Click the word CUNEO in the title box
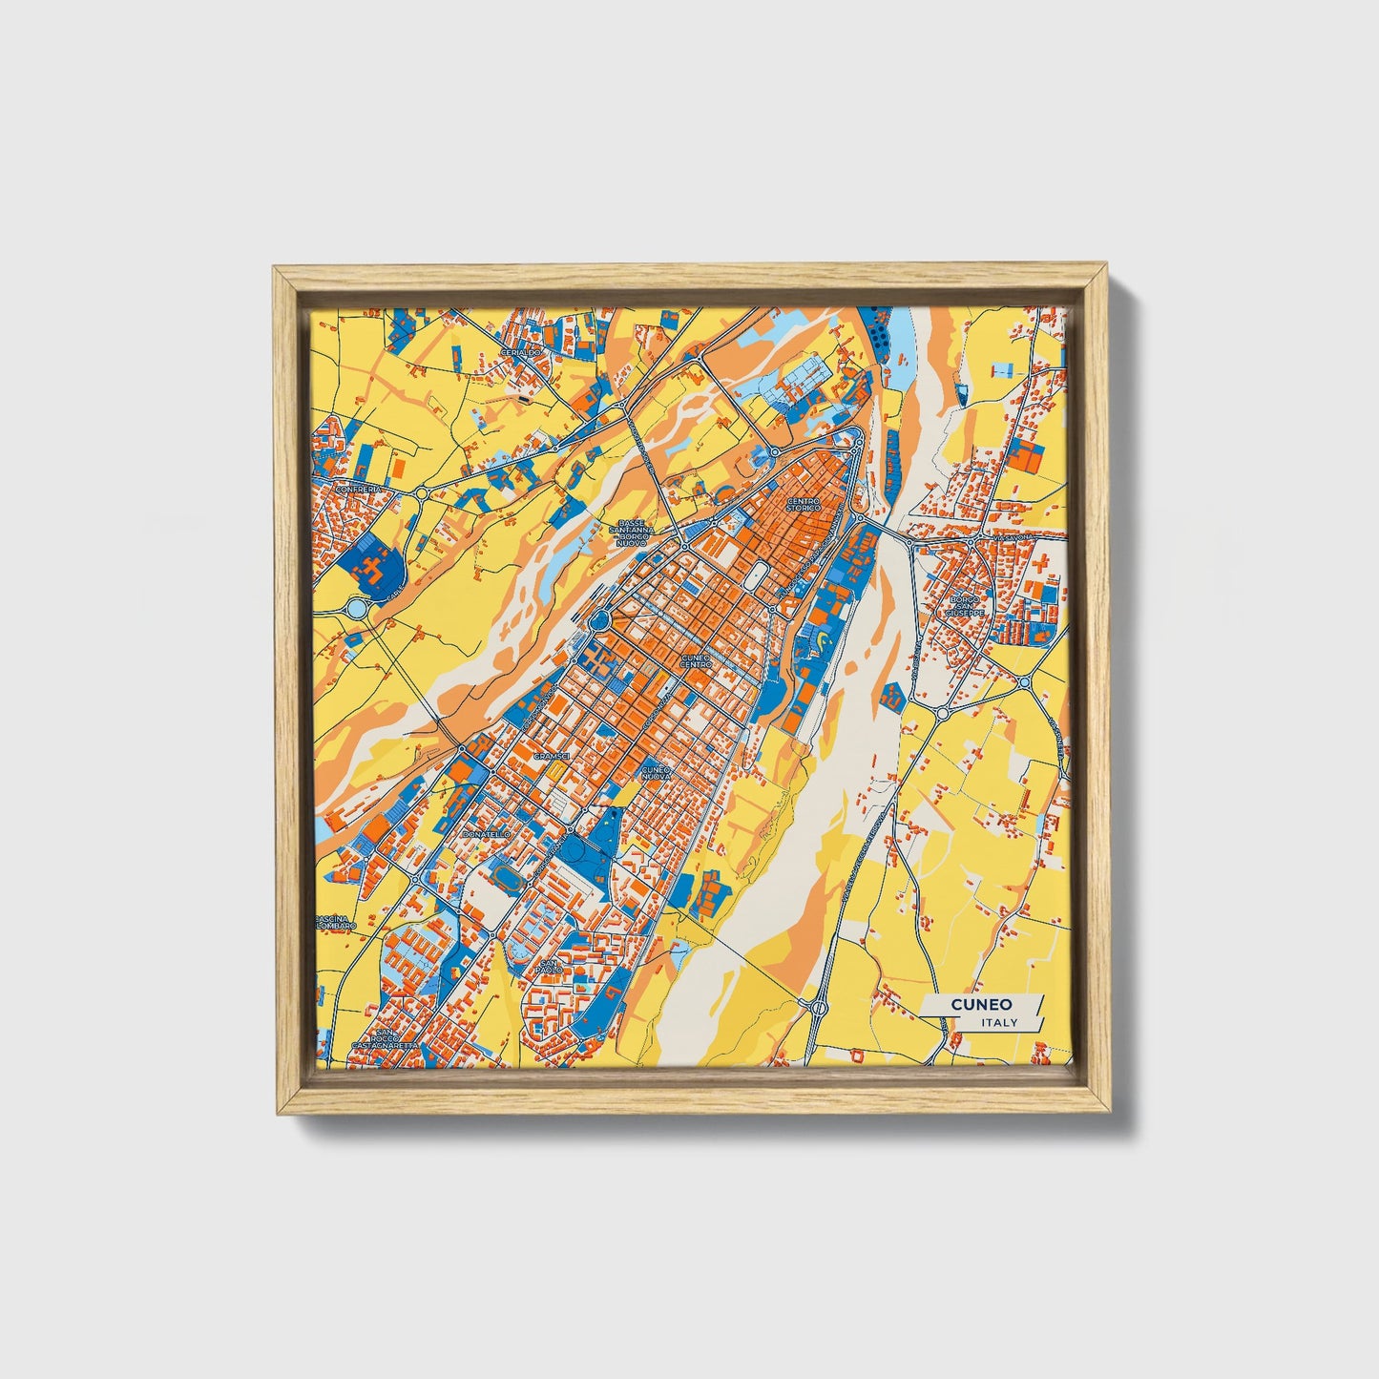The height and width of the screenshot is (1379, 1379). pyautogui.click(x=980, y=1004)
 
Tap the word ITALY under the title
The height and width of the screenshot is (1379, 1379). pyautogui.click(x=998, y=1022)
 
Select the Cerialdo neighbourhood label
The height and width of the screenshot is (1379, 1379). pyautogui.click(x=520, y=352)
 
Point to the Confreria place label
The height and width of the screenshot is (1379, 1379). pyautogui.click(x=358, y=489)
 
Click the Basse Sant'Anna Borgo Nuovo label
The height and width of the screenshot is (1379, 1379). pyautogui.click(x=633, y=533)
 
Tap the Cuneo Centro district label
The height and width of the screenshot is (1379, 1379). pyautogui.click(x=696, y=660)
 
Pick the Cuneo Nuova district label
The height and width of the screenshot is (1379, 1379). pyautogui.click(x=657, y=772)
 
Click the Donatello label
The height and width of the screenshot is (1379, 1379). pyautogui.click(x=486, y=834)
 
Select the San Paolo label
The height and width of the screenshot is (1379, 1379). pyautogui.click(x=549, y=966)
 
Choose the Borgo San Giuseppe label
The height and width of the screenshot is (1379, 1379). pyautogui.click(x=965, y=605)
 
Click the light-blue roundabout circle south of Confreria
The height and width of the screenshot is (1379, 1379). pyautogui.click(x=358, y=607)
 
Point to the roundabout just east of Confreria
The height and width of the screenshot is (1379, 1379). pyautogui.click(x=421, y=493)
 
